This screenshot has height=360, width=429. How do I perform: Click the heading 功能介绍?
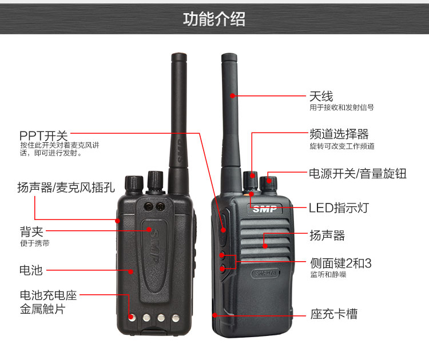click(214, 19)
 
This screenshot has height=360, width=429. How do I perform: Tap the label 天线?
click(321, 97)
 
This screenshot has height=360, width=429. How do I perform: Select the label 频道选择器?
click(339, 134)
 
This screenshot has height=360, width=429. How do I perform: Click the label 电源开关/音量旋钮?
click(358, 174)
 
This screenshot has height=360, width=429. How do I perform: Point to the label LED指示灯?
click(339, 208)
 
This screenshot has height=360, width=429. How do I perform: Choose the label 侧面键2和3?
click(341, 263)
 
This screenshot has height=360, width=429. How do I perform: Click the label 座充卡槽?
click(334, 314)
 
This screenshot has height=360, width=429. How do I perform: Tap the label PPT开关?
click(43, 135)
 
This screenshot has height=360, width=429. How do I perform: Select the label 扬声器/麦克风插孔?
click(66, 187)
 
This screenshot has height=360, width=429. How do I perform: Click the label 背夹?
click(31, 232)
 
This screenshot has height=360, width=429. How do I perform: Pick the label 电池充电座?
click(49, 295)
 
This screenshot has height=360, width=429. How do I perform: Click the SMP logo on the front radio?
click(265, 209)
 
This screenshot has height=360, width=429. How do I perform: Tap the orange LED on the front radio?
click(246, 195)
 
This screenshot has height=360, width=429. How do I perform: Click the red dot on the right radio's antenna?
click(233, 95)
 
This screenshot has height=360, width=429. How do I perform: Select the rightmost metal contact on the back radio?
click(176, 318)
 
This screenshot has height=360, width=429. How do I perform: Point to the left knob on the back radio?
click(134, 183)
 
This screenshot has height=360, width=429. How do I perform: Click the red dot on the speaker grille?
click(265, 246)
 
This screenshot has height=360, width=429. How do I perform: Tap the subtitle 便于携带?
click(35, 243)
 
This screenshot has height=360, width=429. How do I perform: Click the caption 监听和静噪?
click(328, 274)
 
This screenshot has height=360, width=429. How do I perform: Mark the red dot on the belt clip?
click(149, 229)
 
